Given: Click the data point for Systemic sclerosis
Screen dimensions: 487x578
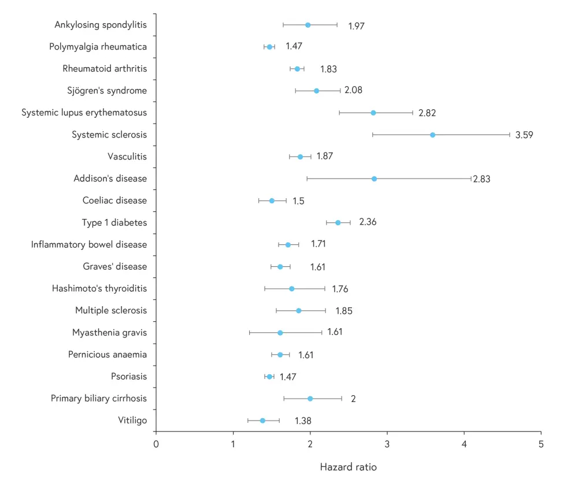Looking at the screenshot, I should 432,135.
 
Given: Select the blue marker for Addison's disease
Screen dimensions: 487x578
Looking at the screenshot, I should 374,179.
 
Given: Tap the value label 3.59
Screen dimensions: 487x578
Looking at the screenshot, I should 524,135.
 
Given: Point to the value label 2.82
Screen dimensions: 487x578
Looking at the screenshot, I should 427,113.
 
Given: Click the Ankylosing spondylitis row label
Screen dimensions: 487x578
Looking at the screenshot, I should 101,25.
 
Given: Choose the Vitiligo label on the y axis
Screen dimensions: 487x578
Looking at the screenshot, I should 132,420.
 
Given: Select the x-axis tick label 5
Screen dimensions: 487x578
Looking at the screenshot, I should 541,444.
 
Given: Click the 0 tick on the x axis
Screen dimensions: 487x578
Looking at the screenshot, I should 156,444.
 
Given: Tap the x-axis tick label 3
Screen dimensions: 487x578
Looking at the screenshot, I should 387,444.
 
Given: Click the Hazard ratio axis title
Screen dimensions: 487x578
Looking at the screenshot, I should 348,467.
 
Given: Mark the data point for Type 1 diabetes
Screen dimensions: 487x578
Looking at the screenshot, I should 338,222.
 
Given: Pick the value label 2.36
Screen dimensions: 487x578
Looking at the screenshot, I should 368,222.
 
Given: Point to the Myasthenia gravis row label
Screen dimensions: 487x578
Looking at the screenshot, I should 110,332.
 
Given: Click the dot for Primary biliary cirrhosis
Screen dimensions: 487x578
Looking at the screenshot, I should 310,399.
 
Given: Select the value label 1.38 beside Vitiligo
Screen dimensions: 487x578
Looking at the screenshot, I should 303,421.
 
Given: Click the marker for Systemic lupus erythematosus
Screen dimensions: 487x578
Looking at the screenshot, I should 373,113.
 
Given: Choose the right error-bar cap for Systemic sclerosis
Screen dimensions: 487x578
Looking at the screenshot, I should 510,135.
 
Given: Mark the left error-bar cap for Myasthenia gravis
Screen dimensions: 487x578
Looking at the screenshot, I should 249,333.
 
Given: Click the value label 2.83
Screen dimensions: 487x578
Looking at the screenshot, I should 481,179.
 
